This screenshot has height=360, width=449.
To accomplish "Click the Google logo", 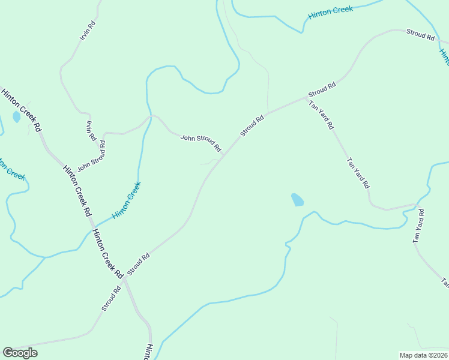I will (x=20, y=353).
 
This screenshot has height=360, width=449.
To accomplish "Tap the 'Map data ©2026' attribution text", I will (x=423, y=355).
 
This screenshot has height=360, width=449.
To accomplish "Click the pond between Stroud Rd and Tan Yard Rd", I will (x=297, y=200).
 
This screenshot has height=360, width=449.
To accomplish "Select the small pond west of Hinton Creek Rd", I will (x=16, y=117).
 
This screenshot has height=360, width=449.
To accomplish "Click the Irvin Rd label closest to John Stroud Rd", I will (x=91, y=130).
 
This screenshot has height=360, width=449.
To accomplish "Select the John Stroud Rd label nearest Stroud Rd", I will (x=201, y=143).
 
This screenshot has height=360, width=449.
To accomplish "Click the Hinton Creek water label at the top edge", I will (x=330, y=11).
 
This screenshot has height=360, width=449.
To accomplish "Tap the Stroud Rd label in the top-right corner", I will (x=420, y=35).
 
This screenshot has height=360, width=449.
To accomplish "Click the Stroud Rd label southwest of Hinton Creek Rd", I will (x=112, y=298).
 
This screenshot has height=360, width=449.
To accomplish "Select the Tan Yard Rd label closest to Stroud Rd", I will (x=321, y=115).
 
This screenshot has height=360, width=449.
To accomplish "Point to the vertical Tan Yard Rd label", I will (x=418, y=226).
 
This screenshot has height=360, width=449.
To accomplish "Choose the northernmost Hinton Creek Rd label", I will (x=21, y=110).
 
